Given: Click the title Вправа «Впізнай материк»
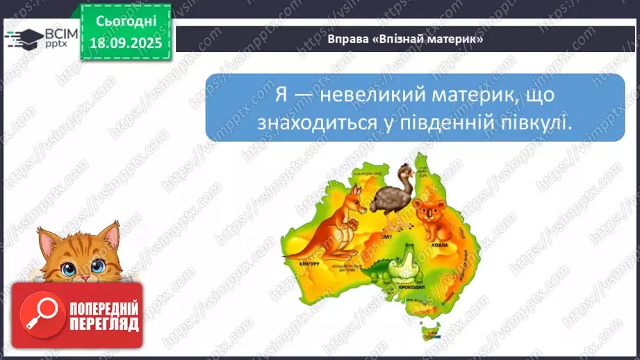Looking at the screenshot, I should (405, 40).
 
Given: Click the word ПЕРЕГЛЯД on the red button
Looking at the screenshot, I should (104, 323).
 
